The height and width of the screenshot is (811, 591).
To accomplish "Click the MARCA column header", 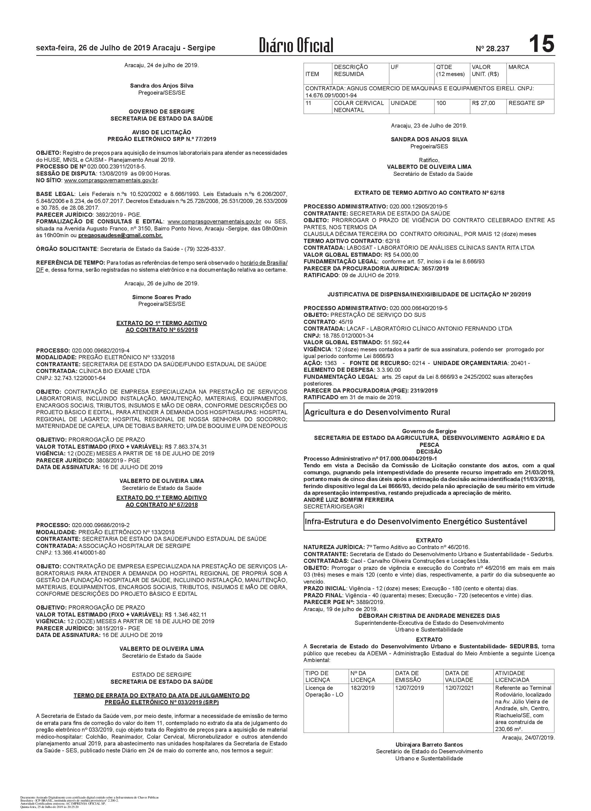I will point(518,67).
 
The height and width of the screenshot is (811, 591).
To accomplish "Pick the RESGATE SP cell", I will point(526,103).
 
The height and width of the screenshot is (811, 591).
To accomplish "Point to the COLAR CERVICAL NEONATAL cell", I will point(359,107).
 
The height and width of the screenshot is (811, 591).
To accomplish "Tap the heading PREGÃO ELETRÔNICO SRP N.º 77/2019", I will point(162,139).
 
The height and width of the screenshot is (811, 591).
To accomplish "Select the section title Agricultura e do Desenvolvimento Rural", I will point(377,412).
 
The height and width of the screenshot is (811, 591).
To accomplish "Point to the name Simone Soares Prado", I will point(162,297).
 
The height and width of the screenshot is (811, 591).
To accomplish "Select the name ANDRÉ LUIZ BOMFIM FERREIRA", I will point(348,500).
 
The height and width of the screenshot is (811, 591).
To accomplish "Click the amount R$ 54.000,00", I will point(401,255).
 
